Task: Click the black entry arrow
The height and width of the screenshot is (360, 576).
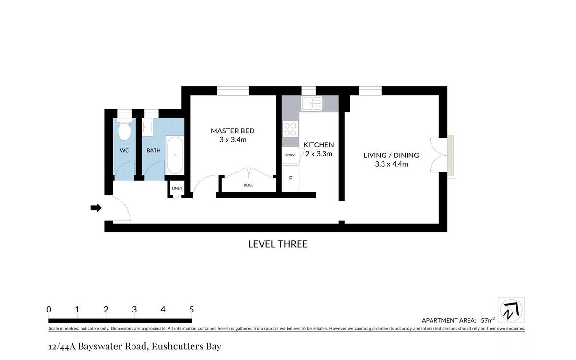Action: pyautogui.click(x=96, y=208)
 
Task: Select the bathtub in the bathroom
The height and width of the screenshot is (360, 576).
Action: pyautogui.click(x=175, y=155)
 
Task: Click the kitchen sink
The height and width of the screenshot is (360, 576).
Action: pyautogui.click(x=312, y=103)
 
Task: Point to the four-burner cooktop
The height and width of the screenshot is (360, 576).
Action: pyautogui.click(x=290, y=129)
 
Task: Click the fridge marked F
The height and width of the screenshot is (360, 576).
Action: pyautogui.click(x=290, y=178)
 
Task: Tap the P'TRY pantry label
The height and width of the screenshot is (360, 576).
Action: pyautogui.click(x=290, y=156)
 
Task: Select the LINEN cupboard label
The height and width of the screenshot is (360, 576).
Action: pyautogui.click(x=177, y=188)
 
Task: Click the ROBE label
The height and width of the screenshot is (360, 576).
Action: pyautogui.click(x=249, y=185)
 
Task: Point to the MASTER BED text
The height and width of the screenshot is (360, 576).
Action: pyautogui.click(x=232, y=131)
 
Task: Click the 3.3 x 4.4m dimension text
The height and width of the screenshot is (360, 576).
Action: pyautogui.click(x=391, y=164)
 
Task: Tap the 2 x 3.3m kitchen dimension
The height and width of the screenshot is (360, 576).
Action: pyautogui.click(x=319, y=154)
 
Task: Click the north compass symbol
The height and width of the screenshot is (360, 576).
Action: pyautogui.click(x=511, y=310)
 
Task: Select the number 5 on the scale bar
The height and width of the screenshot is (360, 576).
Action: pyautogui.click(x=192, y=309)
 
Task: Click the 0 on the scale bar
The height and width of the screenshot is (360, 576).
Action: pyautogui.click(x=48, y=309)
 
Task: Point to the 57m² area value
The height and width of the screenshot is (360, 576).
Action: pyautogui.click(x=488, y=320)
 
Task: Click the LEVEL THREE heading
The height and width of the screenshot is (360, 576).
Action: pyautogui.click(x=278, y=244)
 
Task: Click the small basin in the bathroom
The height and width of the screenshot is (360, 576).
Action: pyautogui.click(x=147, y=127)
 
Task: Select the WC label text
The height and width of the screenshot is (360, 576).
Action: pyautogui.click(x=124, y=150)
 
